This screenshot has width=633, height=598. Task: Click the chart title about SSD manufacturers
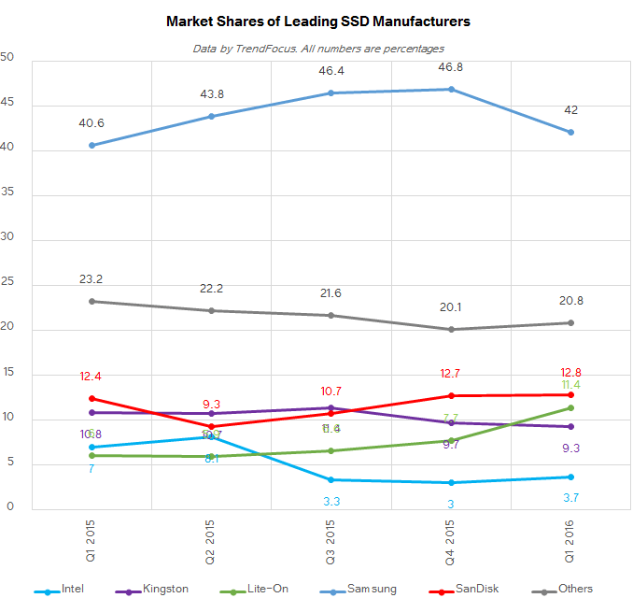(x=317, y=20)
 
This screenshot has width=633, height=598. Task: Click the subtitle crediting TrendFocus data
(x=317, y=48)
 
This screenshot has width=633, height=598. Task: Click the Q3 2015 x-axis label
(x=331, y=540)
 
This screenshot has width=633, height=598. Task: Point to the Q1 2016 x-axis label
(x=570, y=540)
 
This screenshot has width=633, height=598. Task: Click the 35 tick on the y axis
(x=7, y=196)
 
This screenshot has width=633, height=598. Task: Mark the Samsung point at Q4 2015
(x=451, y=90)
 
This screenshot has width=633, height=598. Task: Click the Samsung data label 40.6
(x=91, y=122)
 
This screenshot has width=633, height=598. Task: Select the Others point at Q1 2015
(x=91, y=302)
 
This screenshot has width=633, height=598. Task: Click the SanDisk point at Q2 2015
(x=211, y=426)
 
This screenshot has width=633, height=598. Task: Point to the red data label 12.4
(x=91, y=377)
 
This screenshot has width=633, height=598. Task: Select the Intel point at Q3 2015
(x=331, y=480)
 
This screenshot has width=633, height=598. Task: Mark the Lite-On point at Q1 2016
(x=570, y=408)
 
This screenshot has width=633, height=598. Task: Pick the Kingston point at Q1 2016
(x=570, y=427)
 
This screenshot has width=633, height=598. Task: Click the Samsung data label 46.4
(x=331, y=70)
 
